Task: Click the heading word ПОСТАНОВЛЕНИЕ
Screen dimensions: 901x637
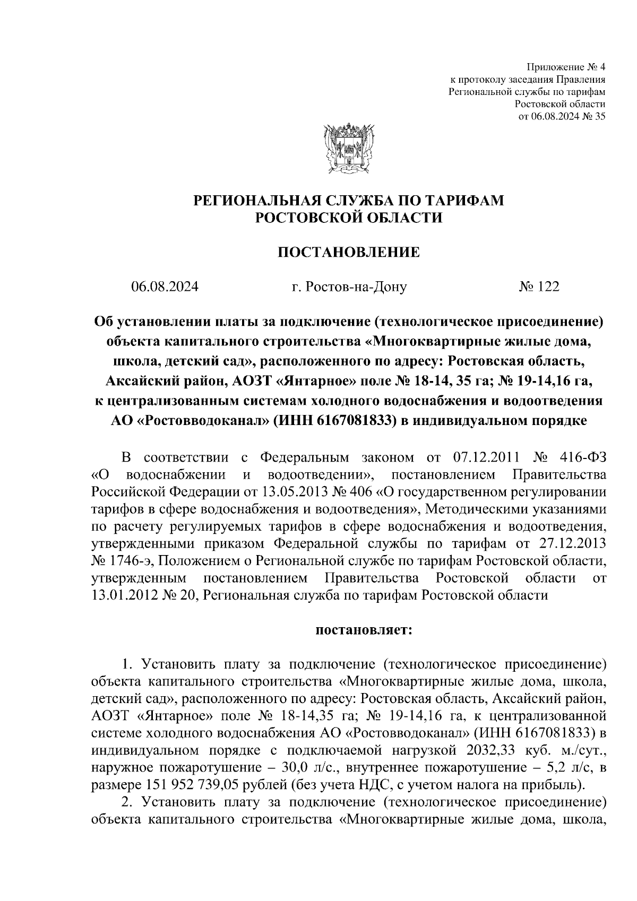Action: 348,252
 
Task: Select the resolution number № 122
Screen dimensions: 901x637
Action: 539,287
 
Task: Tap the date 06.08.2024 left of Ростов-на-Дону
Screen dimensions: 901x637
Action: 165,287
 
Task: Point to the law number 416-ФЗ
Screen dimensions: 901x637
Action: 582,457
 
